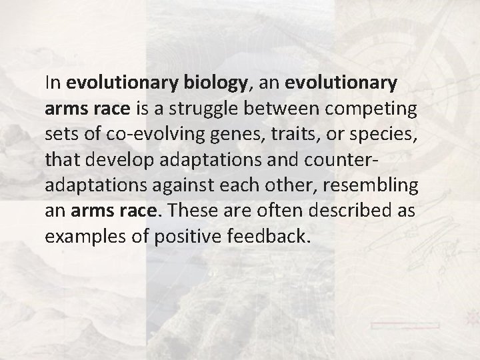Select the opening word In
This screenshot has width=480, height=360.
(x=52, y=84)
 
